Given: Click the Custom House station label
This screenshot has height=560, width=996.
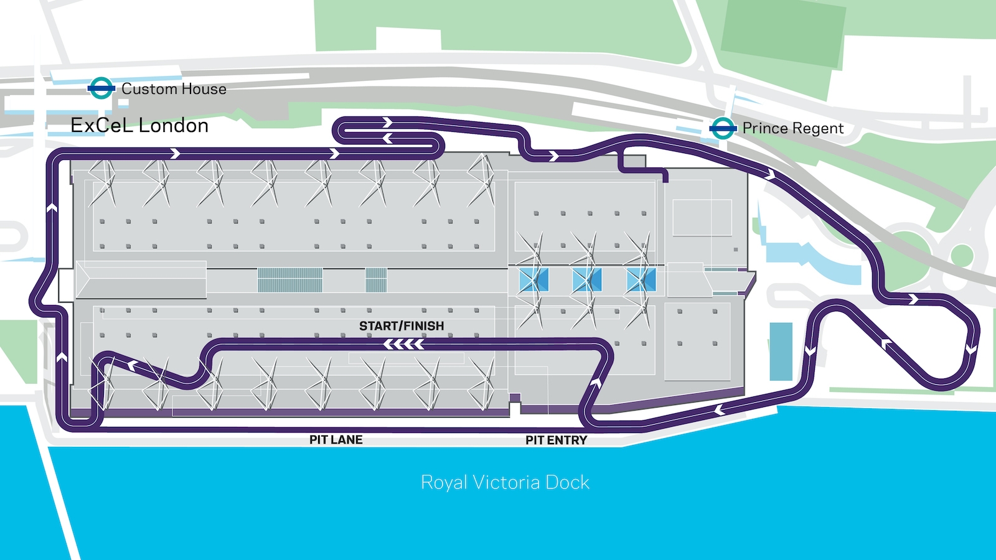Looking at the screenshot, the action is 174,89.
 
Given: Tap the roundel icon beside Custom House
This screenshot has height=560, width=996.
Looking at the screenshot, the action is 101,88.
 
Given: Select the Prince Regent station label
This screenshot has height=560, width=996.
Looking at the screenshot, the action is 793,129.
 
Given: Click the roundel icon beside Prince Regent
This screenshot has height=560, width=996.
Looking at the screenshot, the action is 723,129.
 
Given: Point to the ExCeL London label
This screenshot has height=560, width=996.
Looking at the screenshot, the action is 139,126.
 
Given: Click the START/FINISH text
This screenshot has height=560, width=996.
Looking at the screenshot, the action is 402,326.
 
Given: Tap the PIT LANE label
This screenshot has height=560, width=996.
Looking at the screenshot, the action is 336,440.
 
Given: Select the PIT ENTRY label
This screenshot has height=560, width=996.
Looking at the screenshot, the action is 557,441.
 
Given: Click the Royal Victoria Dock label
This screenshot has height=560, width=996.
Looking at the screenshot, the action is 505,483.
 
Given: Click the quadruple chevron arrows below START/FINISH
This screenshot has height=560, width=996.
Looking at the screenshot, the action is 404,344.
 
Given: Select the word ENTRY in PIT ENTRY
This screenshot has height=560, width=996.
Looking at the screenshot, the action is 568,441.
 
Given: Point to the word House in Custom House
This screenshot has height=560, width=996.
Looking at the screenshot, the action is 204,89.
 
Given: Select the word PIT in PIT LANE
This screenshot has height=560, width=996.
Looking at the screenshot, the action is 318,440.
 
